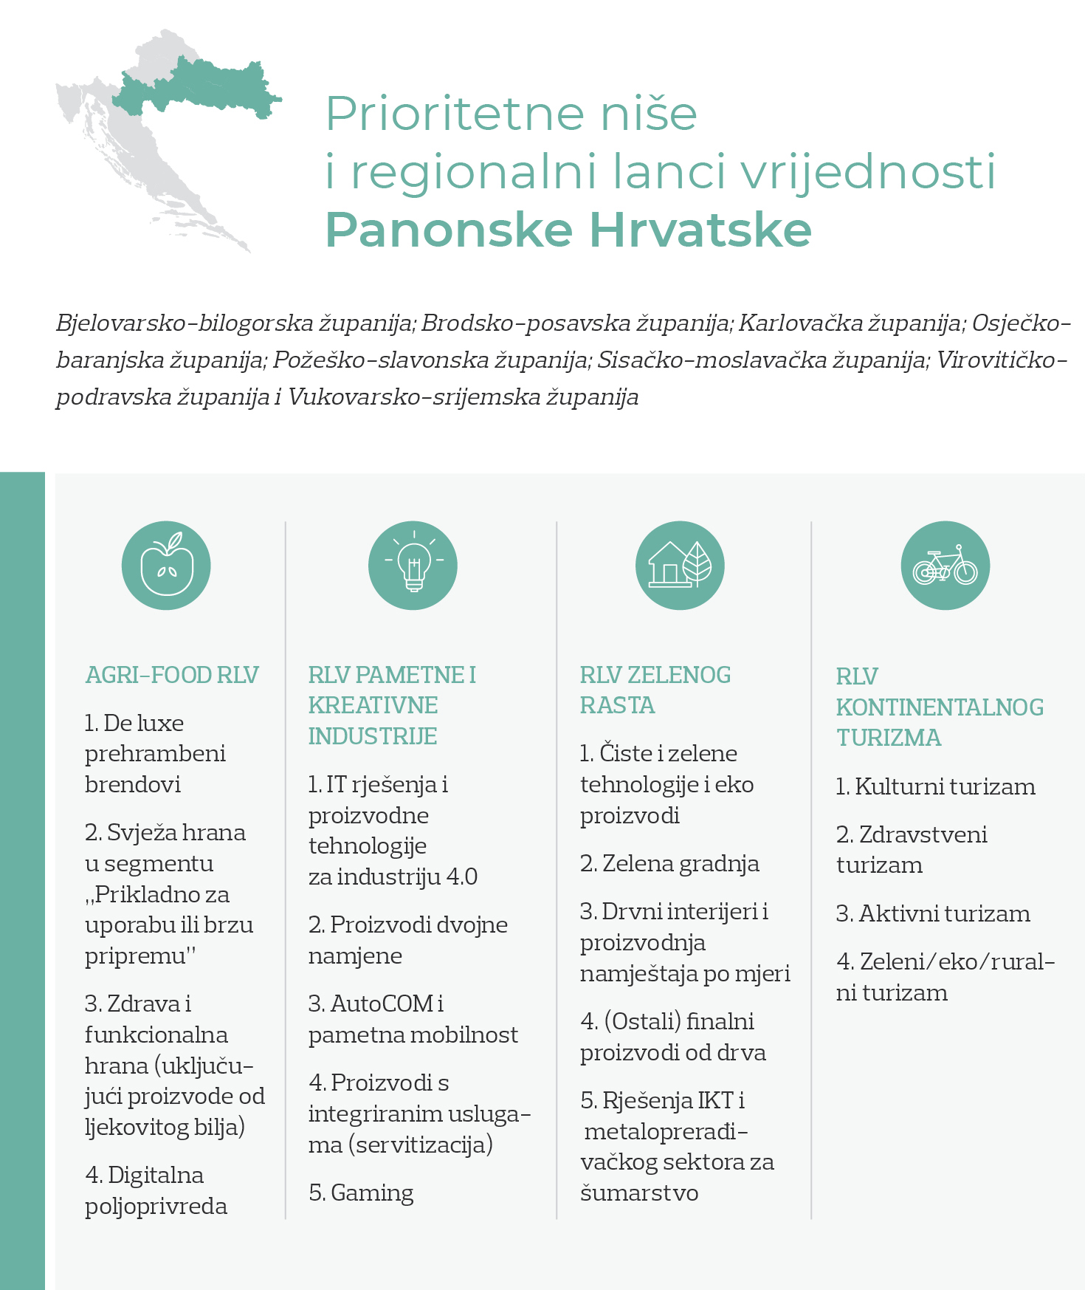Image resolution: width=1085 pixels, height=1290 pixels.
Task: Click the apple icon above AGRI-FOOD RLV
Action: coord(166,566)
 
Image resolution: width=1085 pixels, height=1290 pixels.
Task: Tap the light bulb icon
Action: coord(413,566)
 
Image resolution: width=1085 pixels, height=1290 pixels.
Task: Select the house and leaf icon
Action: coord(680,566)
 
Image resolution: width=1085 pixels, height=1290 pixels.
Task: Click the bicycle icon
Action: coord(945,566)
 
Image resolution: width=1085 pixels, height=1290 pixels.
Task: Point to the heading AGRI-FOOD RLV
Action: coord(172,675)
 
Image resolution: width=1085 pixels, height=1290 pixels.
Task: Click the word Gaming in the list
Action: coord(372,1193)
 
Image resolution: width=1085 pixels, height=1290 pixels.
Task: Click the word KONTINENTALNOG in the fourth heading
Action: coord(940,707)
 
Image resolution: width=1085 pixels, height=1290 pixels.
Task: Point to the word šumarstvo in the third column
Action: coord(639,1193)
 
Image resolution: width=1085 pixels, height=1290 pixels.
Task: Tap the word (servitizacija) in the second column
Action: coord(421,1145)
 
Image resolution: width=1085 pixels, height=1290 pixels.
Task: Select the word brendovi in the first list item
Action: coord(133,784)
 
